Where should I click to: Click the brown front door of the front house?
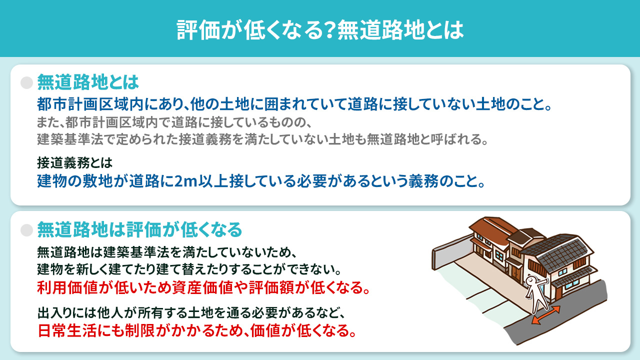click(x=514, y=272)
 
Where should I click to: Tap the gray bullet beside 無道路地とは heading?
click(x=26, y=82)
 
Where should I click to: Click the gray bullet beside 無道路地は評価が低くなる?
click(x=26, y=229)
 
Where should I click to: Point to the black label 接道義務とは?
click(x=75, y=162)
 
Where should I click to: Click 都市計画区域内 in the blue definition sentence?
click(x=89, y=105)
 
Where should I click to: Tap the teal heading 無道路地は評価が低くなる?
click(x=139, y=229)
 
